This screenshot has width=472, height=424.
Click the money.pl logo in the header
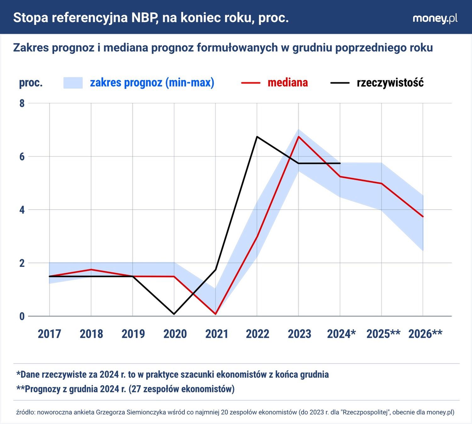click(435, 18)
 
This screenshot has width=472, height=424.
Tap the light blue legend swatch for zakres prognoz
click(73, 83)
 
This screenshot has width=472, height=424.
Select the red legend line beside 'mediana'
click(250, 83)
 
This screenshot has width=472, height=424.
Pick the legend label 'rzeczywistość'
click(390, 83)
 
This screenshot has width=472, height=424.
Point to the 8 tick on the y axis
click(22, 103)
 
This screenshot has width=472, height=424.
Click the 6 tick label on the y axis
click(22, 157)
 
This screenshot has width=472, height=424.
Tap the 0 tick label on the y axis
click(22, 316)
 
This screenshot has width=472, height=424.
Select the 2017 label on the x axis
click(49, 334)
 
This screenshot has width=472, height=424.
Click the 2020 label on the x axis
click(175, 334)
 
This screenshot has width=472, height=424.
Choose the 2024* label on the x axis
click(341, 334)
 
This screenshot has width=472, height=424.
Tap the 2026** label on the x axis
click(425, 334)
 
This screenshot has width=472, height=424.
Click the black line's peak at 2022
click(257, 137)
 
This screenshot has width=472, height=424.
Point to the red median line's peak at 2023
click(298, 137)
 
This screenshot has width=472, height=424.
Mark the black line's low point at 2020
click(174, 314)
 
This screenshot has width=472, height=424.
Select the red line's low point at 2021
click(216, 314)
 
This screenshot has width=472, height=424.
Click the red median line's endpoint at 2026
click(423, 217)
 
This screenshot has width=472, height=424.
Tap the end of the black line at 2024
click(340, 163)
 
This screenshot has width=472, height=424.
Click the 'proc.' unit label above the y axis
click(31, 83)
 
